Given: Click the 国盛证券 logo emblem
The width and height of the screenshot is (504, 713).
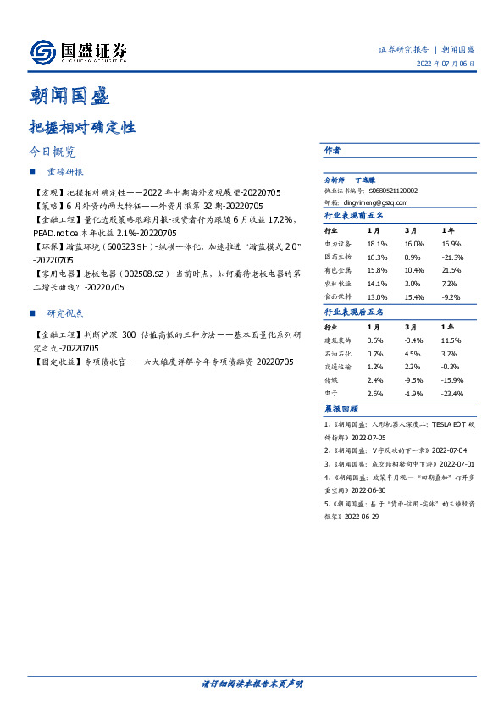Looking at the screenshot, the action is [42, 53].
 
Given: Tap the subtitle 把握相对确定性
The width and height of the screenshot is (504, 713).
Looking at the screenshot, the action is [81, 129].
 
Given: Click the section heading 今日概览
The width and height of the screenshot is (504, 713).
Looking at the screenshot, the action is [53, 152].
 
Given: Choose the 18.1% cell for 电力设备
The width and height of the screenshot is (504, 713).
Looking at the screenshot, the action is [377, 242].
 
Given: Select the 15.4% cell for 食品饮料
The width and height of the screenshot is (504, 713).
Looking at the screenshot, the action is [413, 297].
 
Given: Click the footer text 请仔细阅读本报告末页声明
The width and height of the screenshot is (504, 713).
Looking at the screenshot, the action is [252, 683].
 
